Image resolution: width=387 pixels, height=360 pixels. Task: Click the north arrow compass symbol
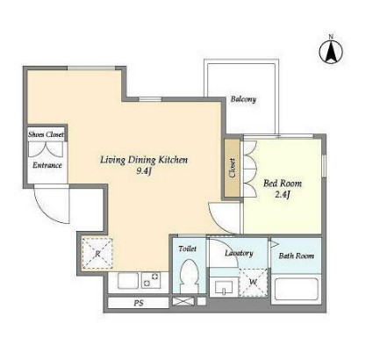click(331, 52)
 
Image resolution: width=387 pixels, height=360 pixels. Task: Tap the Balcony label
click(243, 99)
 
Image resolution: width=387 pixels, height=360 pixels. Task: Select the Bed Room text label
click(283, 184)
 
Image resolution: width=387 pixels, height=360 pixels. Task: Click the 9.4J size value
click(143, 171)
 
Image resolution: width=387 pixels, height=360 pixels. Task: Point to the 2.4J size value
click(283, 195)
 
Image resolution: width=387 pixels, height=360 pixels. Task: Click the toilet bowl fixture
click(189, 276)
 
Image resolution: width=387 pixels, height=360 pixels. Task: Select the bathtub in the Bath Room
click(297, 289)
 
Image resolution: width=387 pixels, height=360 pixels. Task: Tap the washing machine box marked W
click(253, 283)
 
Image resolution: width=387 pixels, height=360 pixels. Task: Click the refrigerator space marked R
click(97, 253)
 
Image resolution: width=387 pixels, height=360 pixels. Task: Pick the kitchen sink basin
click(128, 281)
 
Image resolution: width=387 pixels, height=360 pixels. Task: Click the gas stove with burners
click(151, 280)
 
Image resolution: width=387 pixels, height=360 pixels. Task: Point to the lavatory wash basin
click(224, 287)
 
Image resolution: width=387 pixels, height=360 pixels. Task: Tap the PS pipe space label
click(139, 303)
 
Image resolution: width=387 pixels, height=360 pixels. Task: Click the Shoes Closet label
click(46, 134)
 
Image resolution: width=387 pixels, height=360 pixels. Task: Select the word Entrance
click(47, 165)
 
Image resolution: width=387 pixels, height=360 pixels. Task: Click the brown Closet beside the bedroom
click(233, 168)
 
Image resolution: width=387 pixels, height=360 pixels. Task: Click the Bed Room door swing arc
click(219, 220)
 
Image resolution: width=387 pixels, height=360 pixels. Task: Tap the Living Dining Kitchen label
click(144, 160)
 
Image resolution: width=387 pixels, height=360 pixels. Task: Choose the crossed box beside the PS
click(183, 301)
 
